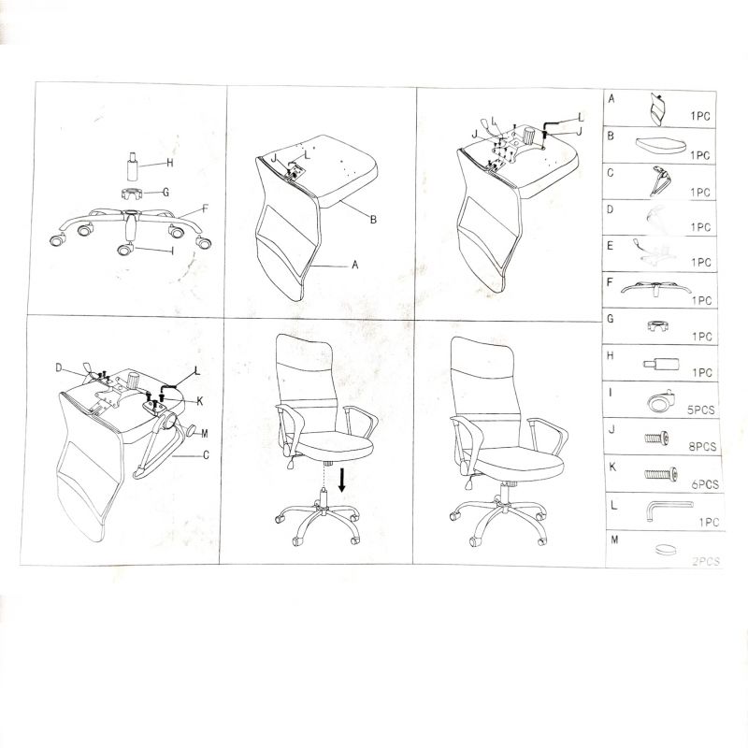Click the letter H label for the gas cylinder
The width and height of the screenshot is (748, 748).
170,163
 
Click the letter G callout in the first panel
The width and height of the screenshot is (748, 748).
165,192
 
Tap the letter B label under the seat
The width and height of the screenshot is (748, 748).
372,220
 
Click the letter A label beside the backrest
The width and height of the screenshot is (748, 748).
355,266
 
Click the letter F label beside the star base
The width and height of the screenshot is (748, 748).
205,209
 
